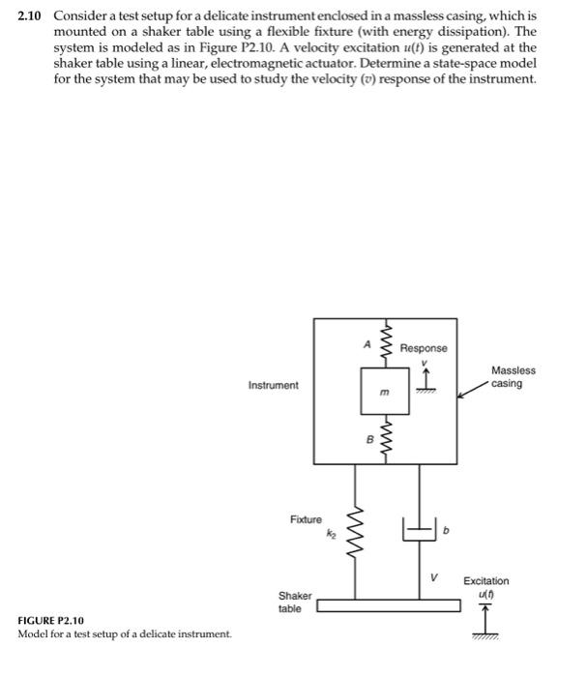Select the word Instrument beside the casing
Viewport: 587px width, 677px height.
pyautogui.click(x=274, y=386)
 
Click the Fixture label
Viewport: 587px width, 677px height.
pyautogui.click(x=306, y=520)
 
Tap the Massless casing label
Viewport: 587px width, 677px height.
pyautogui.click(x=513, y=377)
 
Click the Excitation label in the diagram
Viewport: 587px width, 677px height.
pyautogui.click(x=485, y=581)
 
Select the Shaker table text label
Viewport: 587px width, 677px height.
pyautogui.click(x=295, y=603)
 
